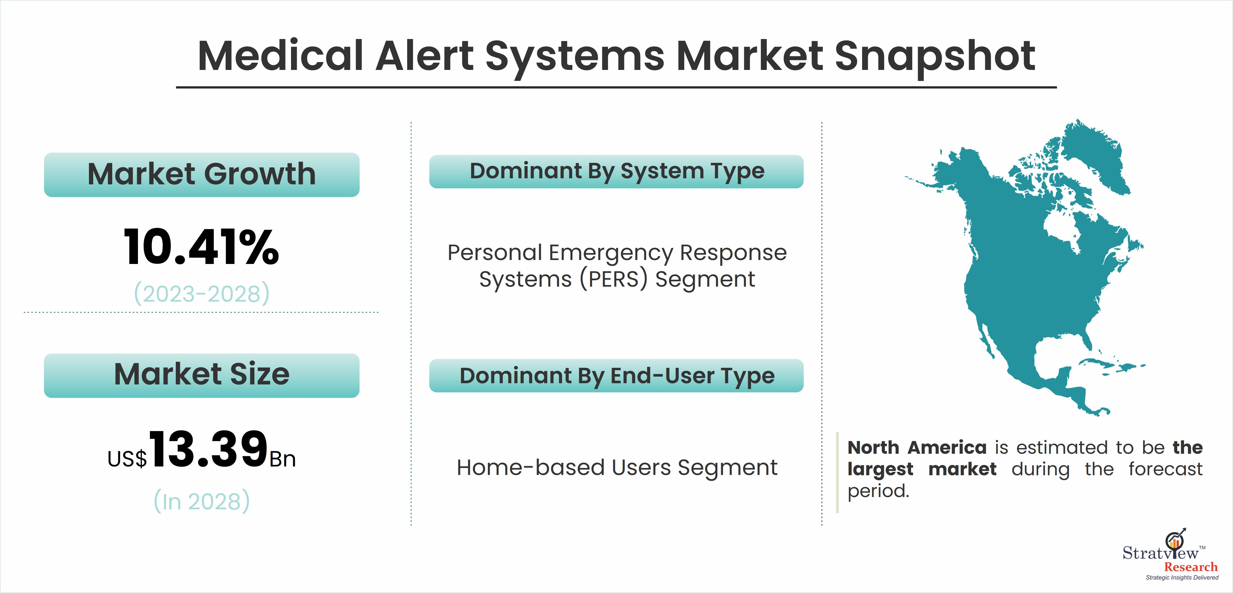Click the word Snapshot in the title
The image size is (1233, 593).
pos(935,58)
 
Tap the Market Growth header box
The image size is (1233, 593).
pos(201,174)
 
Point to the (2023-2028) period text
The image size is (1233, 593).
pos(201,294)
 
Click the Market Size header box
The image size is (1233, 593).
pos(201,375)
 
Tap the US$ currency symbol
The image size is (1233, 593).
pos(127,459)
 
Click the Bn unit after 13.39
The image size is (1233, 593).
pos(283,460)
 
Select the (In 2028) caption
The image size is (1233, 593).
pos(201,501)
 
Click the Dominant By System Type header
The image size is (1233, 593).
pos(616,171)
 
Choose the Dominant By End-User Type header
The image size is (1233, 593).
pos(616,376)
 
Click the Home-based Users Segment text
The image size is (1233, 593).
pos(617,467)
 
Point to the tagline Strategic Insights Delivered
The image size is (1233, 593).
pos(1182,577)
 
